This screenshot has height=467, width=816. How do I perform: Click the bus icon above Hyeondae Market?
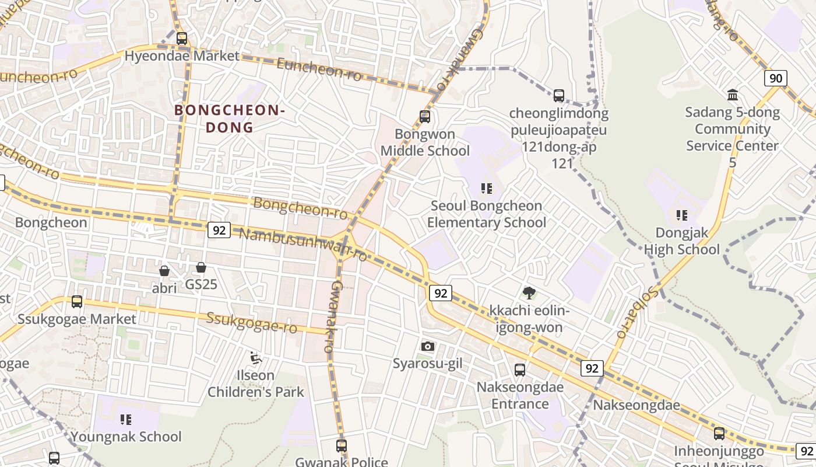(x=182, y=39)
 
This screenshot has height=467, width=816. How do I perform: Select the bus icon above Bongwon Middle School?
(x=425, y=117)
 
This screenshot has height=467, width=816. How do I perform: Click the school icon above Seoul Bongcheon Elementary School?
(x=486, y=189)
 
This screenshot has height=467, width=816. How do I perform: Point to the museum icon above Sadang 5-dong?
(x=733, y=95)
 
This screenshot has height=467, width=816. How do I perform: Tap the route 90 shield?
(x=776, y=78)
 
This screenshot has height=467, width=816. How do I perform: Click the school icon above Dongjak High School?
(x=682, y=215)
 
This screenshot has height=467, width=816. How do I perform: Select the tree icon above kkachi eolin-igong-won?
(x=529, y=292)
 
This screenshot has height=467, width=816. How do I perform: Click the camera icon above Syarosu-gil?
(x=427, y=346)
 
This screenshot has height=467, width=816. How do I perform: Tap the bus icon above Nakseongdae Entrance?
(x=520, y=370)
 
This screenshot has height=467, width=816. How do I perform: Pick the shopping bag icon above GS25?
(x=201, y=267)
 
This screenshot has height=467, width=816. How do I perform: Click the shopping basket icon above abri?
(x=164, y=271)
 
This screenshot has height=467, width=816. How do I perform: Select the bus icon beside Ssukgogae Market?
(x=77, y=302)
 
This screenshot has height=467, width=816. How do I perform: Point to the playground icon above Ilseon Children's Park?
(x=255, y=357)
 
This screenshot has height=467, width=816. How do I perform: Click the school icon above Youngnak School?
(x=126, y=419)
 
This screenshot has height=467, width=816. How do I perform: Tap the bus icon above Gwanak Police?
(x=342, y=445)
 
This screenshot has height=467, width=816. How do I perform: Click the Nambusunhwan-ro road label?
(x=303, y=243)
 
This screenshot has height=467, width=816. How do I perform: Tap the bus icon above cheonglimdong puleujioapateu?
(x=559, y=95)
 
